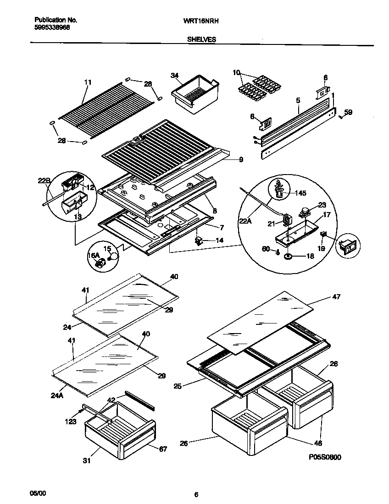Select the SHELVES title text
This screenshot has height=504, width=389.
click(x=201, y=40)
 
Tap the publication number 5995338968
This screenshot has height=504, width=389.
click(x=53, y=27)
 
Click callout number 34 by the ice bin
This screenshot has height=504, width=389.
click(x=175, y=76)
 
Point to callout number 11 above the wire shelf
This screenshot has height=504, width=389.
click(x=88, y=82)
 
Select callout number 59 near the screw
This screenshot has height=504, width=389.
click(x=348, y=112)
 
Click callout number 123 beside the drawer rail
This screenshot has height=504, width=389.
click(x=71, y=422)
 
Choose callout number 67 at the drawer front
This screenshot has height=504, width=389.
click(x=163, y=449)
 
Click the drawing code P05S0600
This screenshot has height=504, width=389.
click(x=325, y=457)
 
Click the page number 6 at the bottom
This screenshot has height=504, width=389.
click(x=196, y=494)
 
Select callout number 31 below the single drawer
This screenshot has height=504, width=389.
click(x=97, y=461)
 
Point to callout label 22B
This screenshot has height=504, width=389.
click(x=44, y=181)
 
